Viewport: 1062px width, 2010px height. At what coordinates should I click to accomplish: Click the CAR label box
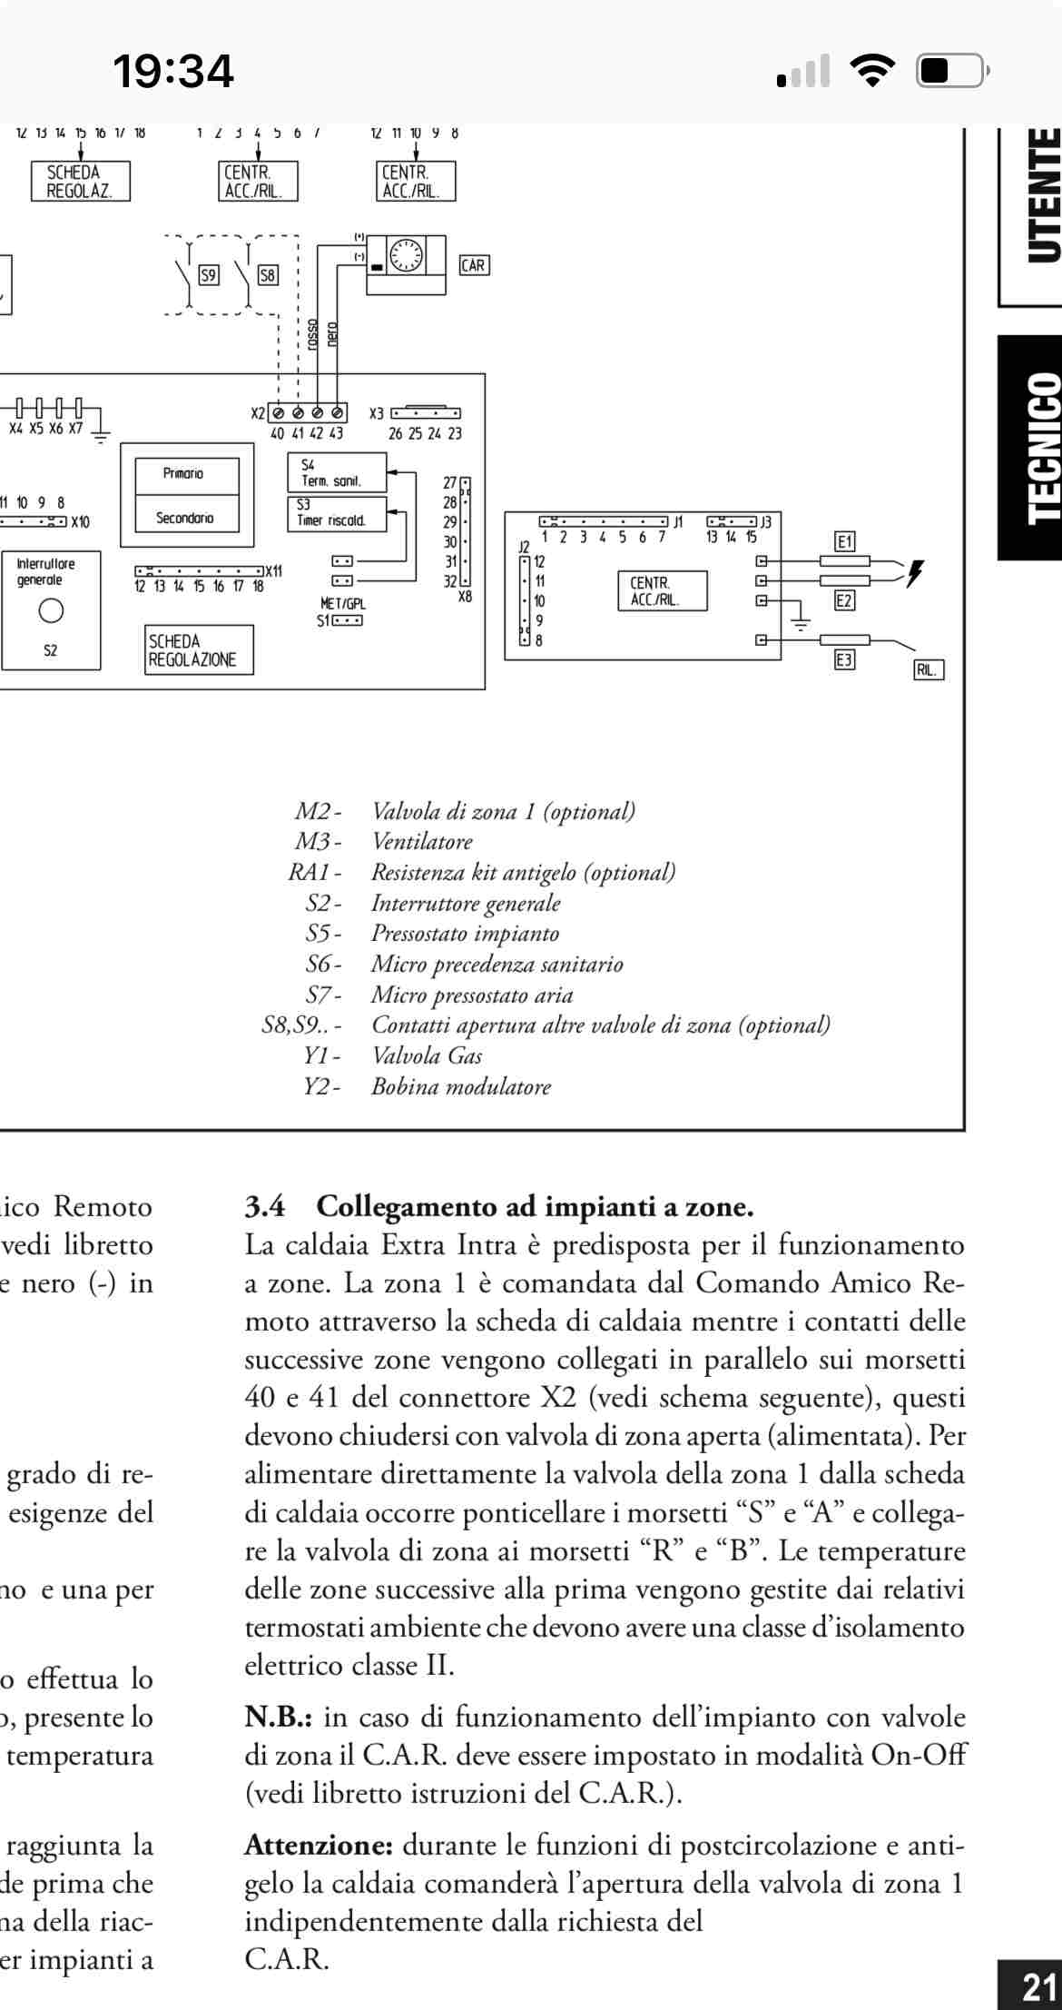click(473, 265)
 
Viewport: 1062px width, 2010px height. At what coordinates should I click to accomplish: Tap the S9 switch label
click(209, 274)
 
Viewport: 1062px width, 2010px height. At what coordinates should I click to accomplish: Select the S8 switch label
click(268, 274)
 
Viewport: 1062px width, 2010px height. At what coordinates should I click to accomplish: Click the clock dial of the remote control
click(405, 255)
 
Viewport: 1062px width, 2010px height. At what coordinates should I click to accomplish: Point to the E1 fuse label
click(844, 542)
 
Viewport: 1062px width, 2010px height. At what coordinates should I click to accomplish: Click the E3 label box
click(844, 660)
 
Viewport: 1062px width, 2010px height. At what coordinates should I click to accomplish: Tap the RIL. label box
click(928, 670)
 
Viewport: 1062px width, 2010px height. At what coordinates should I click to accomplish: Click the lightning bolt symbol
click(915, 573)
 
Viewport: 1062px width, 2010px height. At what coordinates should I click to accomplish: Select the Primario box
click(186, 474)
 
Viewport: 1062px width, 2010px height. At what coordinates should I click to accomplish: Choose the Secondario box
click(186, 518)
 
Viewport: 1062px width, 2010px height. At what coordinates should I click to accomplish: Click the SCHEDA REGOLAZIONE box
click(199, 650)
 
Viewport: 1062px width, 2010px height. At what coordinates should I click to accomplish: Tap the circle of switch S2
click(51, 611)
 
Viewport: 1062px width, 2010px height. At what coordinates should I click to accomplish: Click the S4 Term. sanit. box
click(336, 472)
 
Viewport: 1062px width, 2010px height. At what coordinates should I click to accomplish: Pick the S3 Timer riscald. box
click(336, 513)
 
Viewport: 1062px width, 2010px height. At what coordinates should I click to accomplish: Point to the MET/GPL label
click(343, 603)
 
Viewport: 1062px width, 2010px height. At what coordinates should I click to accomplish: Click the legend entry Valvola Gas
click(427, 1055)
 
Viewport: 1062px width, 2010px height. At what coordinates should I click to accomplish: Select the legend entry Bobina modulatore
click(460, 1086)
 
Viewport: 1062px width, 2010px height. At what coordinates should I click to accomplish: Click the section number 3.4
click(264, 1206)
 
